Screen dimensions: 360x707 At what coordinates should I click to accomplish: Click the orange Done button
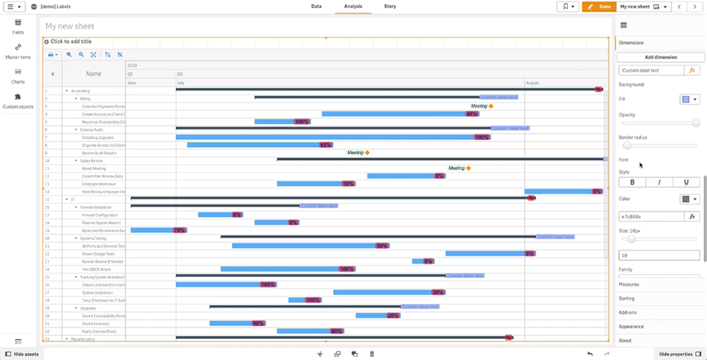pyautogui.click(x=599, y=6)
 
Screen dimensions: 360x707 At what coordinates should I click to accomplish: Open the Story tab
pyautogui.click(x=390, y=6)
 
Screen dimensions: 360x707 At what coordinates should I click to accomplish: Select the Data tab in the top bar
pyautogui.click(x=316, y=6)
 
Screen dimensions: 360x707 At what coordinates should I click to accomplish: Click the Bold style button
pyautogui.click(x=632, y=182)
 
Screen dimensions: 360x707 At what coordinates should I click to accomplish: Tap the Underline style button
pyautogui.click(x=686, y=182)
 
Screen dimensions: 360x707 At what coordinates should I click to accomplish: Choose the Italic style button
pyautogui.click(x=660, y=182)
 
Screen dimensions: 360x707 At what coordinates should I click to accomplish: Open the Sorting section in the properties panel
pyautogui.click(x=627, y=298)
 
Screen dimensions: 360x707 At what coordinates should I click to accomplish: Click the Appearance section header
pyautogui.click(x=631, y=326)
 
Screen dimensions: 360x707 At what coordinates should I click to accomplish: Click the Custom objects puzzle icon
pyautogui.click(x=18, y=98)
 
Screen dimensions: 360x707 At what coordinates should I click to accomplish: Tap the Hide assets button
pyautogui.click(x=22, y=354)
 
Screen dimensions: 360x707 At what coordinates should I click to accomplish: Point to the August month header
pyautogui.click(x=532, y=83)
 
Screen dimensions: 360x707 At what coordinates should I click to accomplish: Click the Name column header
pyautogui.click(x=93, y=74)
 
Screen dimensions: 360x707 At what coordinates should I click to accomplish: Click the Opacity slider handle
pyautogui.click(x=696, y=123)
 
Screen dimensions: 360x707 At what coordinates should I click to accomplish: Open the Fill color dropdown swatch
pyautogui.click(x=689, y=100)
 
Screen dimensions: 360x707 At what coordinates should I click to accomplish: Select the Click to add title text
pyautogui.click(x=71, y=42)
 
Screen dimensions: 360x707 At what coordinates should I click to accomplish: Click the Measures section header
pyautogui.click(x=629, y=284)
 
